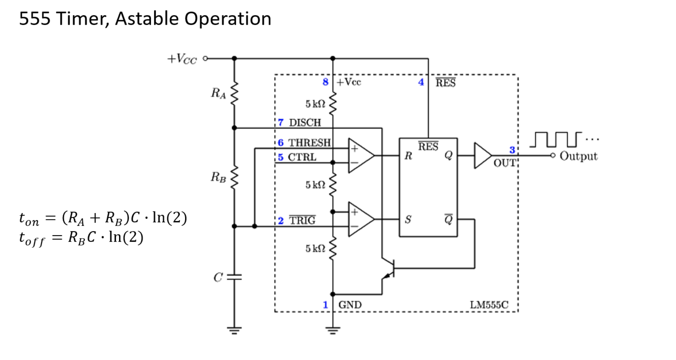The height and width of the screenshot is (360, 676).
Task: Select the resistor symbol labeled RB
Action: (234, 177)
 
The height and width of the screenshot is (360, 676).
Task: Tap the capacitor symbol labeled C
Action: (234, 277)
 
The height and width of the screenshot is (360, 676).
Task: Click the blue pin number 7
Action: (281, 123)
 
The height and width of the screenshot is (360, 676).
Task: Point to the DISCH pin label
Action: (305, 123)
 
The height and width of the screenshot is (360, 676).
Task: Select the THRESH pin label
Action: (309, 143)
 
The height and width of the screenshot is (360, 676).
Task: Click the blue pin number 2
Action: (281, 221)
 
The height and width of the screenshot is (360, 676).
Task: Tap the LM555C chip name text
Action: (489, 305)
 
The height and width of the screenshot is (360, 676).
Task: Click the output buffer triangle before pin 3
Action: (482, 156)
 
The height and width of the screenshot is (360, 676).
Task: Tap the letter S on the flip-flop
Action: (408, 219)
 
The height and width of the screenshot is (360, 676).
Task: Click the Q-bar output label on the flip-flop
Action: (449, 219)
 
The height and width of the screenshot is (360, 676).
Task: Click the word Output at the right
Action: (578, 156)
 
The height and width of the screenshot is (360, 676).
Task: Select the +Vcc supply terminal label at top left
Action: (182, 59)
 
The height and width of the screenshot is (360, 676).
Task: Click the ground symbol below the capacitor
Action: (234, 330)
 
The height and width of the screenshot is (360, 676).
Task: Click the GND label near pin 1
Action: (350, 305)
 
